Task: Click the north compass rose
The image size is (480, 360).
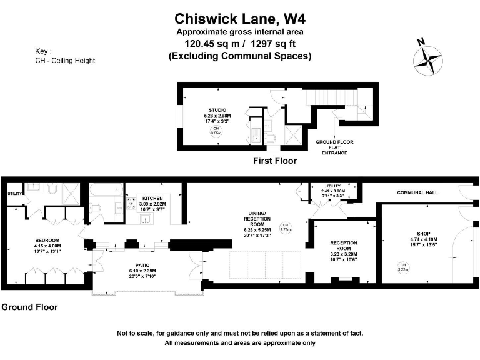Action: pyautogui.click(x=427, y=60)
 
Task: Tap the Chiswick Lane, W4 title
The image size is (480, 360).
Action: pyautogui.click(x=240, y=19)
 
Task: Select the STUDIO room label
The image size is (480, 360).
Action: pyautogui.click(x=217, y=110)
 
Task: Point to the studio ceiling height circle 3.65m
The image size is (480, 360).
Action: pyautogui.click(x=216, y=131)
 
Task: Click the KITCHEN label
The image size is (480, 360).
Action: pyautogui.click(x=152, y=198)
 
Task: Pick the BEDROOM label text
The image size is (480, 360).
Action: pyautogui.click(x=47, y=240)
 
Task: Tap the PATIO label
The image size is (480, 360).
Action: pyautogui.click(x=142, y=266)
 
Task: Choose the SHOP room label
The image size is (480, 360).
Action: pyautogui.click(x=424, y=234)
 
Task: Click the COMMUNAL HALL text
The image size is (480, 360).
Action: pyautogui.click(x=417, y=192)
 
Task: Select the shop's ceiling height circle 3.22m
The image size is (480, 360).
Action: pyautogui.click(x=403, y=267)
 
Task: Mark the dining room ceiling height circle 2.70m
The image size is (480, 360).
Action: pyautogui.click(x=285, y=227)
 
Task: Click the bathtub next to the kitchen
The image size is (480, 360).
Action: pyautogui.click(x=106, y=191)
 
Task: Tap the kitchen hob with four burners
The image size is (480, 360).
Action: pyautogui.click(x=132, y=203)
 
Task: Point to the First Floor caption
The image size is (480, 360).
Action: pyautogui.click(x=275, y=161)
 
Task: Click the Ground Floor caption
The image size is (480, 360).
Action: pyautogui.click(x=30, y=307)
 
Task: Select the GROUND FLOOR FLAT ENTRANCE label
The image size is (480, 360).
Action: pyautogui.click(x=334, y=147)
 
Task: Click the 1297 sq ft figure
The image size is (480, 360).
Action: pyautogui.click(x=273, y=44)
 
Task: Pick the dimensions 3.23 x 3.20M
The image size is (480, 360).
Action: pyautogui.click(x=344, y=254)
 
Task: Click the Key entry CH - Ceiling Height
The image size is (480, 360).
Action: pyautogui.click(x=65, y=61)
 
